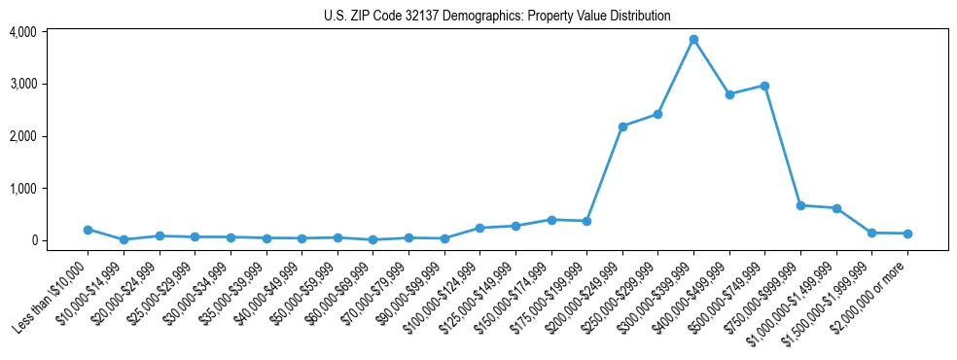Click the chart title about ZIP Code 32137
[x=497, y=16]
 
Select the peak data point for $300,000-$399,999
[x=693, y=40]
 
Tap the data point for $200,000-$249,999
[x=622, y=126]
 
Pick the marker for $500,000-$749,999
[x=765, y=86]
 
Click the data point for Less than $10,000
[x=88, y=230]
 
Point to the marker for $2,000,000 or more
[x=907, y=234]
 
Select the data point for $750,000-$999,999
[x=800, y=205]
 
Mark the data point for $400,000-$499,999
[x=729, y=94]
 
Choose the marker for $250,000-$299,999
[x=658, y=114]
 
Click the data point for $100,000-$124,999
[x=479, y=228]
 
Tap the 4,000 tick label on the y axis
[x=22, y=32]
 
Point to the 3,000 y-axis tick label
[x=22, y=85]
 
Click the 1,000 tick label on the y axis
[x=22, y=189]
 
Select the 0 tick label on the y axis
[x=33, y=240]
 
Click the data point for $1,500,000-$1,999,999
[x=872, y=233]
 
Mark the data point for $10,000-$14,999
[x=124, y=239]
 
